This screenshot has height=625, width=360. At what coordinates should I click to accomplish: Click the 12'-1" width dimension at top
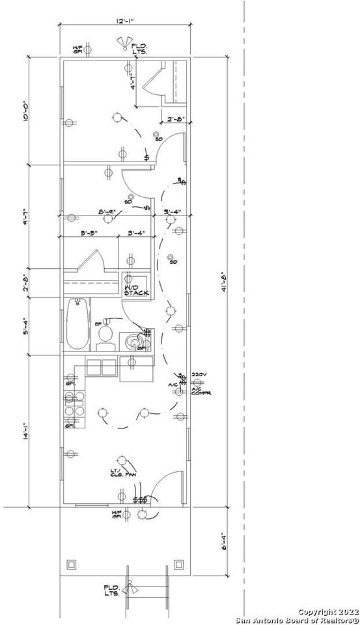125,22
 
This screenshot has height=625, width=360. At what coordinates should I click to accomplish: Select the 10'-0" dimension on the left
27,110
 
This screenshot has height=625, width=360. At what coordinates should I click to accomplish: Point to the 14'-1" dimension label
27,433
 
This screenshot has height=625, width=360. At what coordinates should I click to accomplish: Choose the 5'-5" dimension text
90,232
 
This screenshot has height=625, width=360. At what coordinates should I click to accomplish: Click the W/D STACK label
136,290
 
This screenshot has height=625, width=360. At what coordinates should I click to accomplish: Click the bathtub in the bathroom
76,326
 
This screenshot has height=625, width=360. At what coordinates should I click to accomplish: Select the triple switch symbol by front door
139,500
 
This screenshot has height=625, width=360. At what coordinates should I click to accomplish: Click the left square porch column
72,564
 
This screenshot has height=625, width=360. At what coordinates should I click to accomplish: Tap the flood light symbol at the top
123,44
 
